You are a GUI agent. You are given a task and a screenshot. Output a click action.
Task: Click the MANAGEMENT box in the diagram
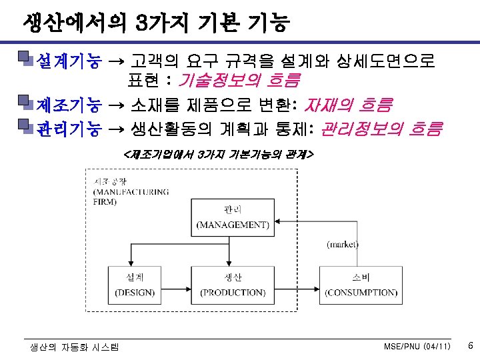click(233, 216)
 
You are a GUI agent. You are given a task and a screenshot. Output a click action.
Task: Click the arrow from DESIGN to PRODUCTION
click(176, 288)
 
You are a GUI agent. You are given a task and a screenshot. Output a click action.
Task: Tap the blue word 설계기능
click(69, 62)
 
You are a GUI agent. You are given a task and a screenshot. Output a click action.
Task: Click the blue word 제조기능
click(69, 105)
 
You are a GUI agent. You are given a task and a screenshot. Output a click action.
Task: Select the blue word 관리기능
click(69, 127)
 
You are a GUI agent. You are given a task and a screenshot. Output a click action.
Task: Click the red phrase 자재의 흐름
click(347, 105)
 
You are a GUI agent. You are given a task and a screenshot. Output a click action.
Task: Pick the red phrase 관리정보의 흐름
click(381, 127)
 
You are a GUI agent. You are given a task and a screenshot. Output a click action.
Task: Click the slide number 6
click(471, 346)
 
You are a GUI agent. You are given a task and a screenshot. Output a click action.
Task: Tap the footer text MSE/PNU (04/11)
click(417, 347)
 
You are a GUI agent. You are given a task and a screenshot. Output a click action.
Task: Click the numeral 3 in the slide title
click(141, 24)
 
